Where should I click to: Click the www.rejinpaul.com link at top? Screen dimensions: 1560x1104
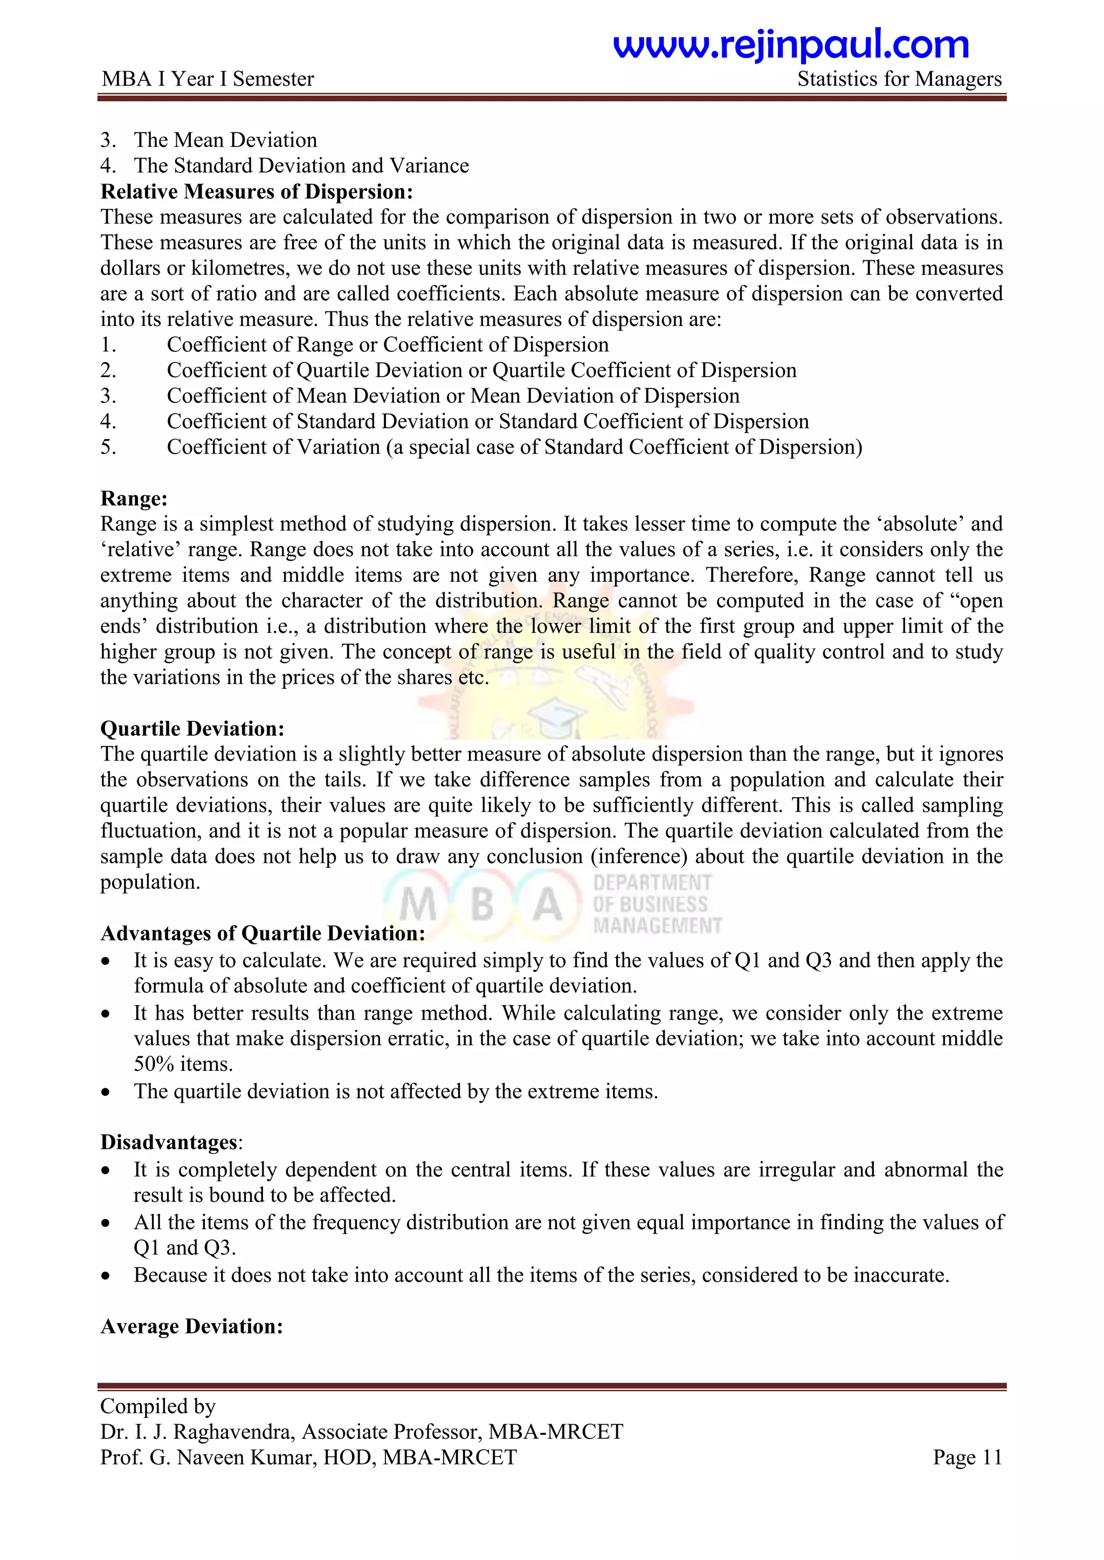point(791,45)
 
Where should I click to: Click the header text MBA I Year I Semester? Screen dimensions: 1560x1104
point(208,80)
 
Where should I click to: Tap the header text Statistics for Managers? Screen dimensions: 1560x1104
point(899,80)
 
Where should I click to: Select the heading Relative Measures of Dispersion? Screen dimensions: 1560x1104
point(256,192)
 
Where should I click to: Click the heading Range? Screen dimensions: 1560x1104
point(134,499)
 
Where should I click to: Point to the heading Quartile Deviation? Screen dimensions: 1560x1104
point(192,729)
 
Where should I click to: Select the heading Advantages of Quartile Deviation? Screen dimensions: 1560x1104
point(263,934)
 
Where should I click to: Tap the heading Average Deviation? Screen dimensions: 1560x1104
point(192,1327)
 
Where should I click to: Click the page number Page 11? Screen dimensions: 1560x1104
point(967,1458)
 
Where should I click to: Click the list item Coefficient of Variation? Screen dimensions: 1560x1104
point(273,447)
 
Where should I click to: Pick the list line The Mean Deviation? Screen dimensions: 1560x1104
point(225,140)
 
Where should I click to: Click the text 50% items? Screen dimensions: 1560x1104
point(183,1064)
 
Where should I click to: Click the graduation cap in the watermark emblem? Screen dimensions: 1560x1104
point(555,717)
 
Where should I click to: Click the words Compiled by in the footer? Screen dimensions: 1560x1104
point(158,1406)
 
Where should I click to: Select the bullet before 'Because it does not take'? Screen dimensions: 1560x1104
point(105,1277)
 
